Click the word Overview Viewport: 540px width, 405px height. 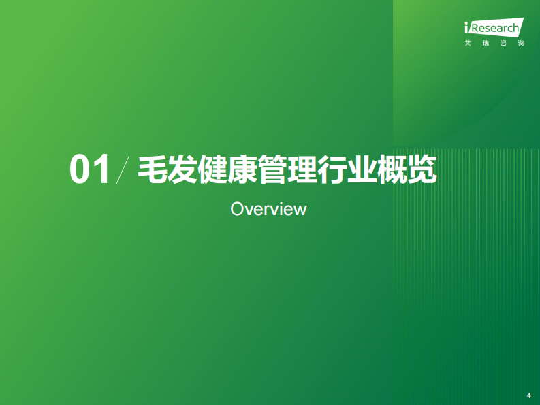pyautogui.click(x=268, y=208)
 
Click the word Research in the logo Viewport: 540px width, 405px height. pyautogui.click(x=495, y=29)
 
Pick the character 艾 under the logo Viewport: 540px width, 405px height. pyautogui.click(x=468, y=44)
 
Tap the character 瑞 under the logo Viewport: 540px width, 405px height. pyautogui.click(x=486, y=44)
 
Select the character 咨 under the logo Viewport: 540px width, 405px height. pyautogui.click(x=503, y=44)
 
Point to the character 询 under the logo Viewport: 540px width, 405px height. pyautogui.click(x=521, y=44)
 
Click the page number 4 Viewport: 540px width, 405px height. pyautogui.click(x=528, y=395)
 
